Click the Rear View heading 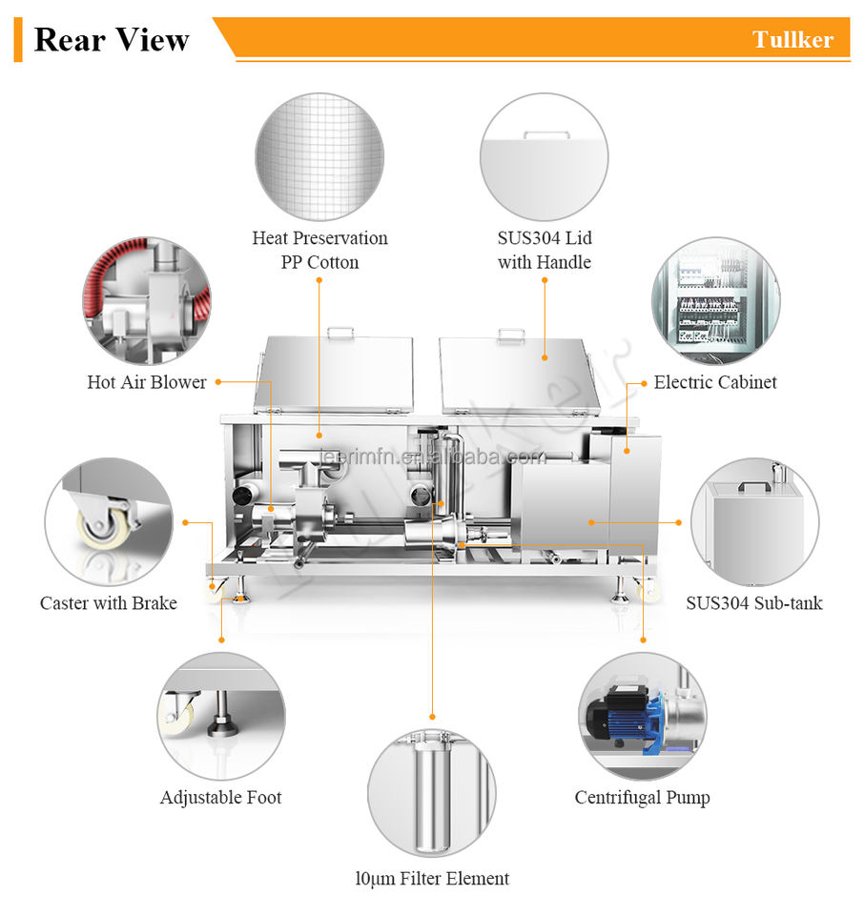pyautogui.click(x=112, y=40)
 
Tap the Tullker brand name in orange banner pyautogui.click(x=792, y=40)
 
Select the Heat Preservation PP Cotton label pyautogui.click(x=319, y=250)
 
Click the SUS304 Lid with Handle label pyautogui.click(x=544, y=250)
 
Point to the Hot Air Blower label pyautogui.click(x=147, y=382)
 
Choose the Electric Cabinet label pyautogui.click(x=715, y=382)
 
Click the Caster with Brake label pyautogui.click(x=109, y=603)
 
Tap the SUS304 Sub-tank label pyautogui.click(x=753, y=603)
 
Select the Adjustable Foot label pyautogui.click(x=220, y=798)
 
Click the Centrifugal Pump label pyautogui.click(x=642, y=798)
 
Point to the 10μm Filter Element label pyautogui.click(x=432, y=879)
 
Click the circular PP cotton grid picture pyautogui.click(x=319, y=157)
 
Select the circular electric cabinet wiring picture pyautogui.click(x=715, y=300)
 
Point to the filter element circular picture pyautogui.click(x=432, y=791)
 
